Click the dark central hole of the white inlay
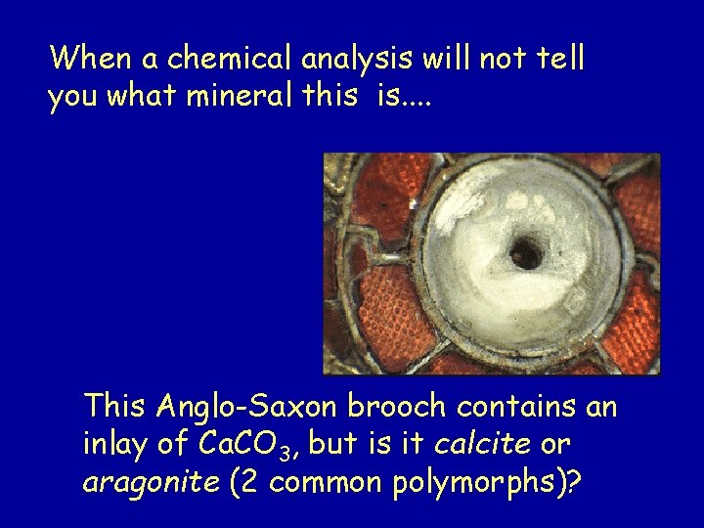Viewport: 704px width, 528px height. (526, 253)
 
